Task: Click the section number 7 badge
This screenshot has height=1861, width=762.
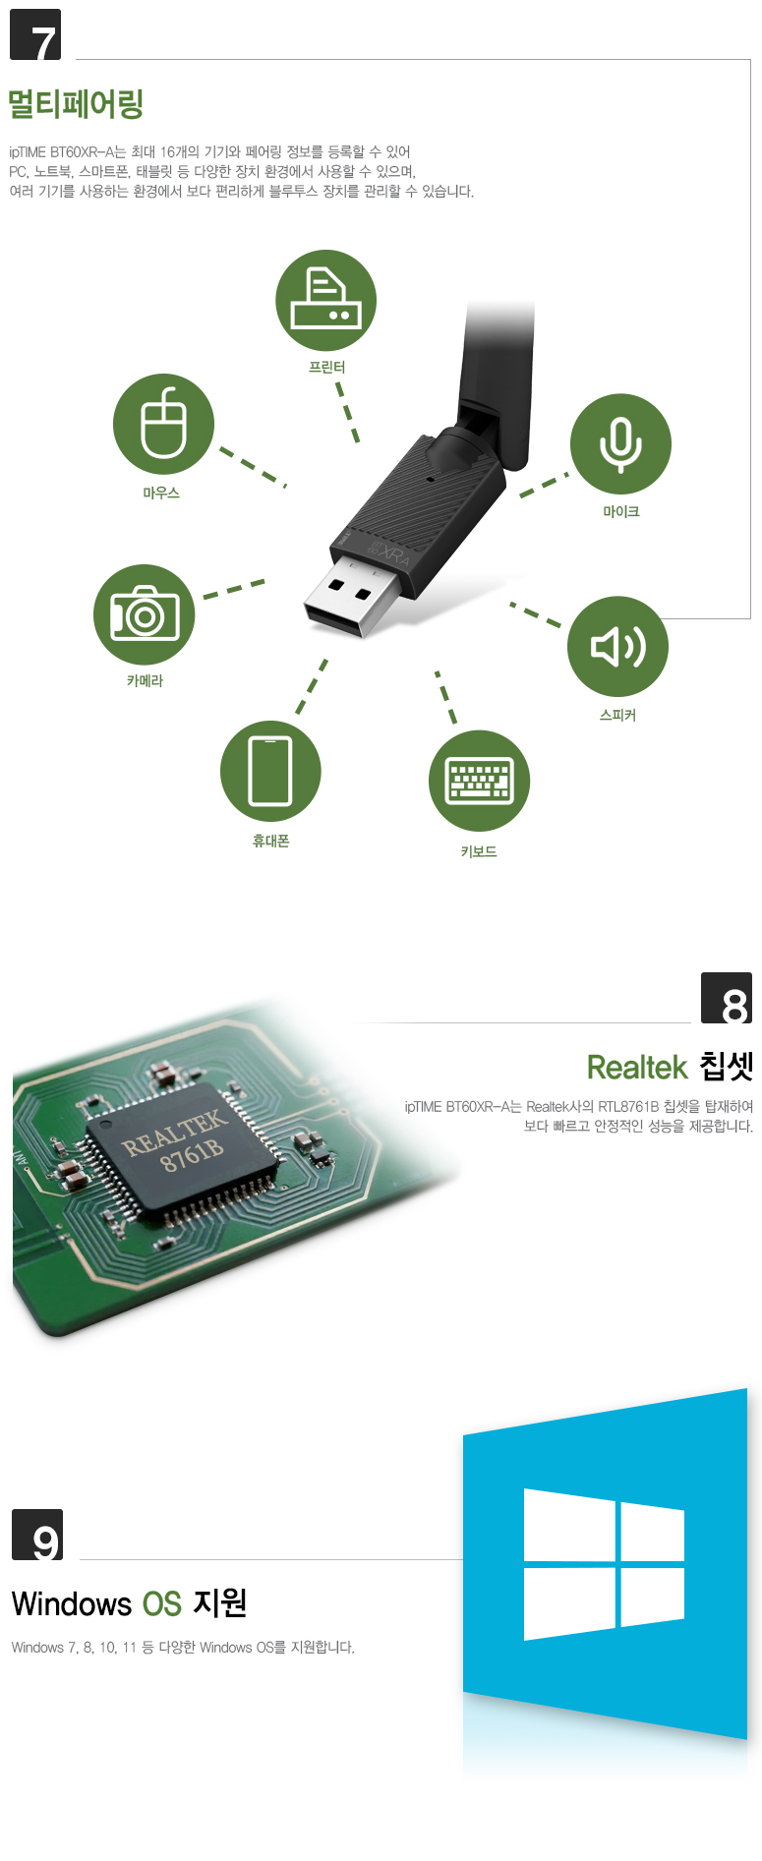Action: (35, 34)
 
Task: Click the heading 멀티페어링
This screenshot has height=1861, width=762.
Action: (76, 103)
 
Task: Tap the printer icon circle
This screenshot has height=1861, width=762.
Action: (325, 300)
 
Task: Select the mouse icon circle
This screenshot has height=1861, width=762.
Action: (163, 424)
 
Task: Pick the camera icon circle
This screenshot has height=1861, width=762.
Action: (145, 614)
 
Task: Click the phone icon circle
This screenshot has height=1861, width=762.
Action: (270, 772)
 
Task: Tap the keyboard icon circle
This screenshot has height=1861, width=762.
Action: (479, 781)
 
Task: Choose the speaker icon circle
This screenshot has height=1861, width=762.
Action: (617, 647)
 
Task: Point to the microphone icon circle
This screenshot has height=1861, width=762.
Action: (620, 443)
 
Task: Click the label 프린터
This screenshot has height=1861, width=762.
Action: (326, 367)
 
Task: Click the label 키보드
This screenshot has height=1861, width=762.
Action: (479, 851)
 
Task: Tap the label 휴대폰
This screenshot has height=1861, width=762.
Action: (270, 841)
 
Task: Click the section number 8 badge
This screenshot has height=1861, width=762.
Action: (727, 998)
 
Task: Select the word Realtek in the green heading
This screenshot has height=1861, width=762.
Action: (637, 1067)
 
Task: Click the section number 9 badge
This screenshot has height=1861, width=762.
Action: (37, 1535)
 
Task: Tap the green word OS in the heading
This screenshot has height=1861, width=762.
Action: (162, 1603)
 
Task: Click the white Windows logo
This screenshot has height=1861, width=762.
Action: (604, 1564)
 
